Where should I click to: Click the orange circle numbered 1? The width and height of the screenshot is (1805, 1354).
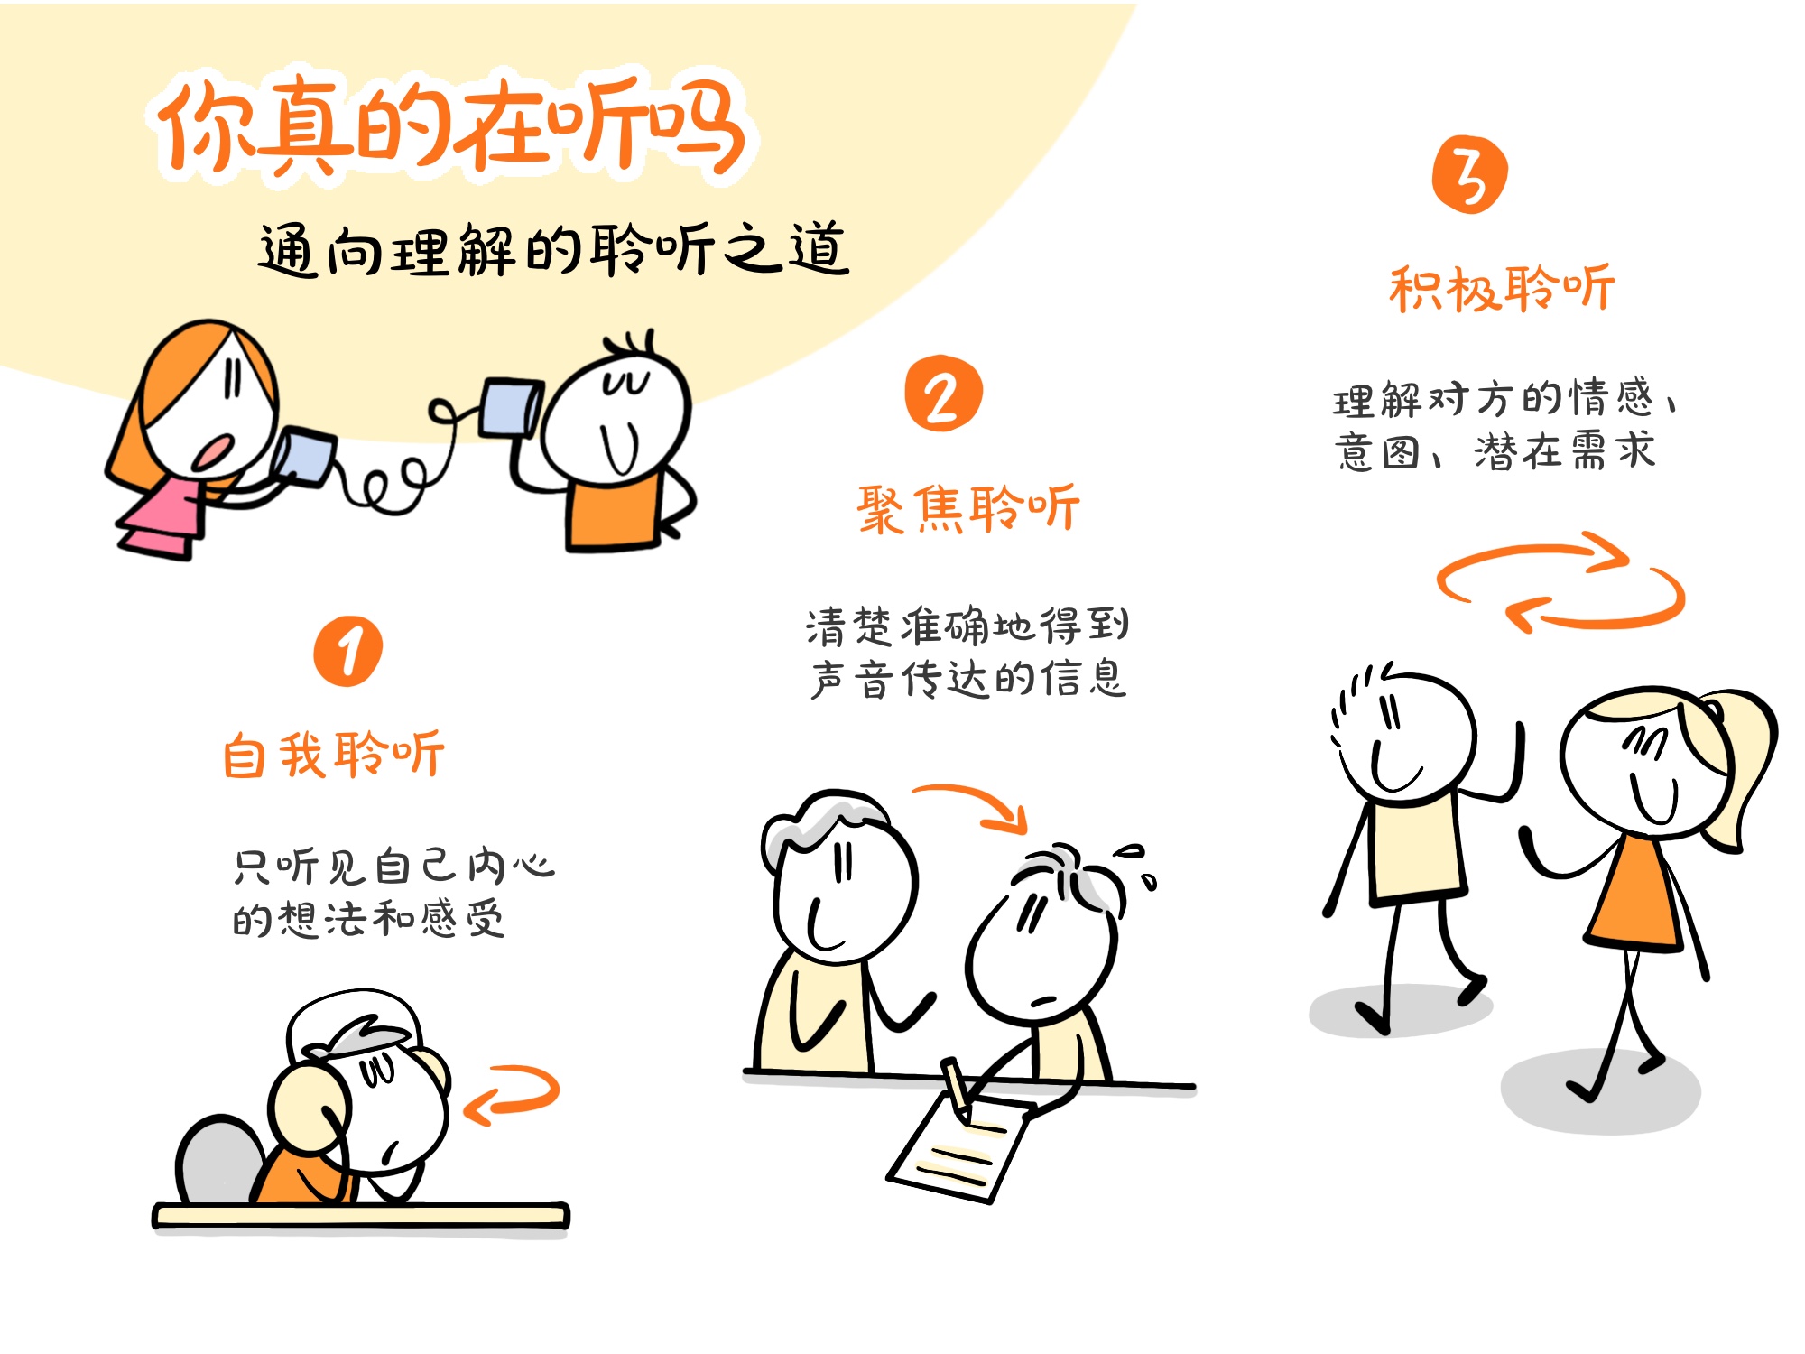[x=348, y=651]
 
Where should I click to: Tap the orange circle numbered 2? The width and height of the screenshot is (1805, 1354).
[x=943, y=394]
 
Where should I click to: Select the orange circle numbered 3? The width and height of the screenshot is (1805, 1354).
[x=1469, y=175]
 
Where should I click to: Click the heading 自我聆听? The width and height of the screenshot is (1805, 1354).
[x=334, y=755]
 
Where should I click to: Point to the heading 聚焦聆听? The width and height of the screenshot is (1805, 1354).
[x=968, y=508]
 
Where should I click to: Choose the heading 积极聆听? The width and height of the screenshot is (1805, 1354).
[x=1502, y=289]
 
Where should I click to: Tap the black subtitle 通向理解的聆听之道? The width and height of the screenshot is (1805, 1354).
[x=553, y=250]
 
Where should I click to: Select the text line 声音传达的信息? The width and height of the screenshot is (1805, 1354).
[x=968, y=680]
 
